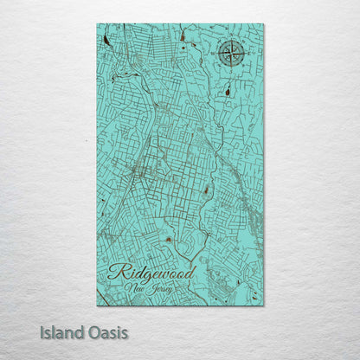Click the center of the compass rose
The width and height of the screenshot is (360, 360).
pos(231,55)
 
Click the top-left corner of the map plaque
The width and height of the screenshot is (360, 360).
pos(97,23)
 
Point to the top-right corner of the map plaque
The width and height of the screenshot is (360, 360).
pos(264,23)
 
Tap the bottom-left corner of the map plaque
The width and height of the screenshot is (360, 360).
pos(97,305)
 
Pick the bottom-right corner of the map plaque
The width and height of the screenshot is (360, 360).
pos(264,305)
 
